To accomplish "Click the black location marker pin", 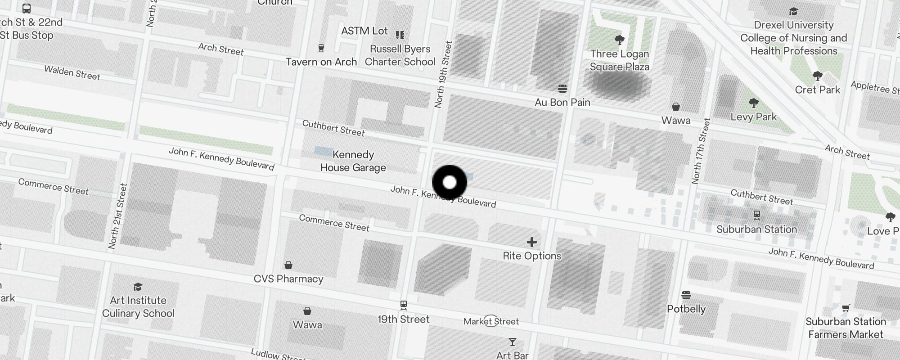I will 450,183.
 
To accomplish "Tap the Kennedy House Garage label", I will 353,161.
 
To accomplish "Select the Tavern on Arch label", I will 321,62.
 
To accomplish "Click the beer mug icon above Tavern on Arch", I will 321,48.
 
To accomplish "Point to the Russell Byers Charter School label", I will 400,55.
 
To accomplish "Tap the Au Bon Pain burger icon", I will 562,88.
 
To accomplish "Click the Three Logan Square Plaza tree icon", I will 620,40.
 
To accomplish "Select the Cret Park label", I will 817,90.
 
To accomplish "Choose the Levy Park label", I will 753,117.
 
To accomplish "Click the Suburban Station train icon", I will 757,215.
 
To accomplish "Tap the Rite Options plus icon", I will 532,242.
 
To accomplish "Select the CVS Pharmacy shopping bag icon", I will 288,265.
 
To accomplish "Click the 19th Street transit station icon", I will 404,305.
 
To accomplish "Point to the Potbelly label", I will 686,309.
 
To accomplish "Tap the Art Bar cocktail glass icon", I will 512,342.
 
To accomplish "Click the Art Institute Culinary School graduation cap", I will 138,287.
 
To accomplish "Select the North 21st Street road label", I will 117,216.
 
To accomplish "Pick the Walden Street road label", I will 72,72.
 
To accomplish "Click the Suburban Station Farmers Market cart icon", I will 846,308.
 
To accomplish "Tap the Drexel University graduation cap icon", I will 793,11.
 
